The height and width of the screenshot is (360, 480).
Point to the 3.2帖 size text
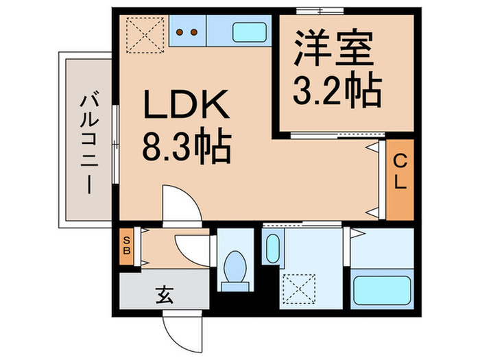click(x=337, y=88)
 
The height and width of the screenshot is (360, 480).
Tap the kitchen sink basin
click(x=251, y=32)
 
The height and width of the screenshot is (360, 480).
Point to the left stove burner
click(x=180, y=31)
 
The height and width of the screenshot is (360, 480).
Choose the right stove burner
click(x=194, y=31)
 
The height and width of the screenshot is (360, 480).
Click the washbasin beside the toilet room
click(x=272, y=248)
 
